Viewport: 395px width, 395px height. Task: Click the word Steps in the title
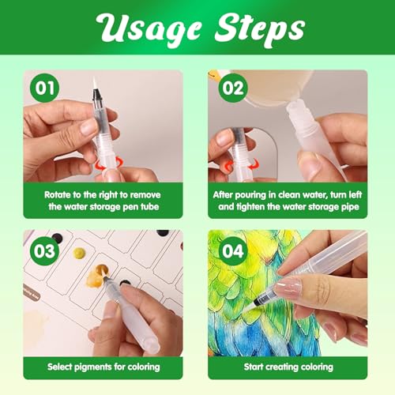pos(260,28)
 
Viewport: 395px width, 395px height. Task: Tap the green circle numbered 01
pos(45,88)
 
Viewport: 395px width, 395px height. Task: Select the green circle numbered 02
pos(233,88)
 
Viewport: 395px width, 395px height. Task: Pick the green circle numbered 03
pos(45,251)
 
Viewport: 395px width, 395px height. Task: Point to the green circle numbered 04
pos(233,251)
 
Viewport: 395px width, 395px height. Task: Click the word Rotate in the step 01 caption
pos(58,195)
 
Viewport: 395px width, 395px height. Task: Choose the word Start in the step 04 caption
pos(254,367)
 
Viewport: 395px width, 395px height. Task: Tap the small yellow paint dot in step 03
pos(79,253)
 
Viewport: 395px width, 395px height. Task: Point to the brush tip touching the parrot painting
pos(250,307)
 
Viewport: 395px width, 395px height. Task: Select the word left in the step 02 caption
pos(355,195)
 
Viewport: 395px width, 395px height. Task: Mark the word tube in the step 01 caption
pos(149,207)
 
